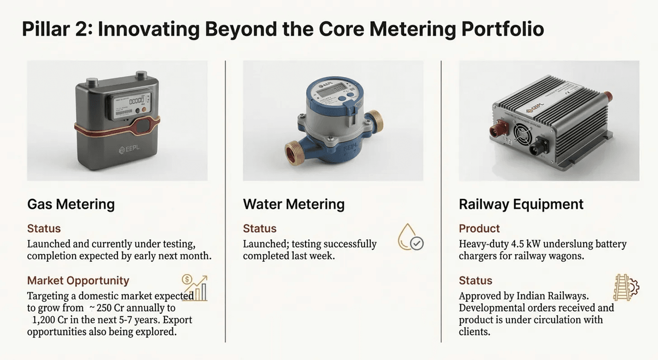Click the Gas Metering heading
click(71, 204)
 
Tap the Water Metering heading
click(293, 204)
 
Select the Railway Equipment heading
click(521, 204)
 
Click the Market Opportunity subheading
click(78, 281)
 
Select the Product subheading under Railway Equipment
click(479, 229)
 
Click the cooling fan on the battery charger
click(523, 132)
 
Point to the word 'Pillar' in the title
click(47, 29)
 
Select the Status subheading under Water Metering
click(259, 229)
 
